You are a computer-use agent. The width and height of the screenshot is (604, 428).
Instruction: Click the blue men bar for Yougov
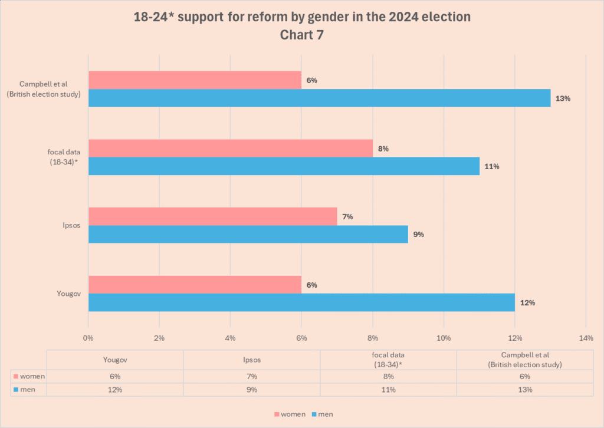point(301,302)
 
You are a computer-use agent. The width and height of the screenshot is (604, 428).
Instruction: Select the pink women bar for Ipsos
point(212,216)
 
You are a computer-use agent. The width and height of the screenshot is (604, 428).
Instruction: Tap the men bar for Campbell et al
point(319,98)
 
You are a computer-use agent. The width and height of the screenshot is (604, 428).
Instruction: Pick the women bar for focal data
point(230,149)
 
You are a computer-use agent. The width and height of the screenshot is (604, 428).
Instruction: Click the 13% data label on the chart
point(563,98)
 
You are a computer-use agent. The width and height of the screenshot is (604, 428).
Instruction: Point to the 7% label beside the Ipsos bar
point(347,217)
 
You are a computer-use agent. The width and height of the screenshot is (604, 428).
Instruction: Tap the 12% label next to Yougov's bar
point(527,303)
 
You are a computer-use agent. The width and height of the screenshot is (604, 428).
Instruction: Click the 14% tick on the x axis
point(585,338)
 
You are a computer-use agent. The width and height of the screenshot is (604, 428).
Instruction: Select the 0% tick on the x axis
point(88,338)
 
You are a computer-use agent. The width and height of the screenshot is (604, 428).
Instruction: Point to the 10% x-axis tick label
point(444,338)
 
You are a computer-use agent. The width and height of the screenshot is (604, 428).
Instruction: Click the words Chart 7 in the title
point(302,35)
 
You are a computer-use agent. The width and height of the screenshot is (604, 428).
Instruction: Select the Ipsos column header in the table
point(252,360)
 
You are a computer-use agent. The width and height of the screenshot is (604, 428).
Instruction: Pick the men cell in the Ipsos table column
point(252,390)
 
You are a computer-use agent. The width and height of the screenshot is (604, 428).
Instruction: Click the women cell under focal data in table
point(388,376)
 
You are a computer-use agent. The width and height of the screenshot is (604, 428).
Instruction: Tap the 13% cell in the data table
point(525,390)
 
